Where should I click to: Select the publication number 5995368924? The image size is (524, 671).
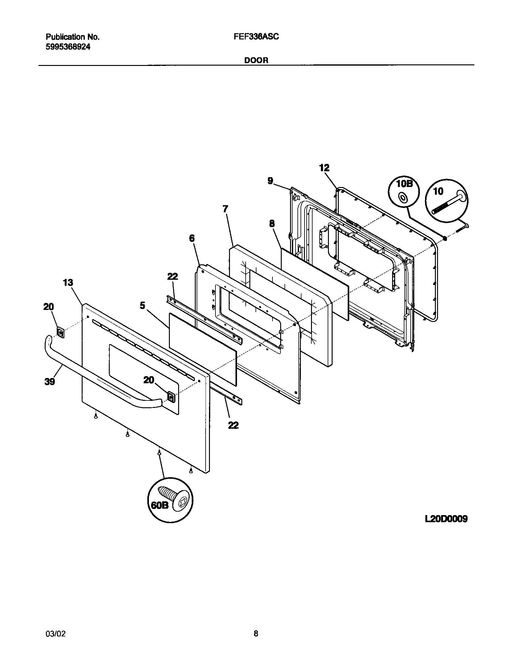(x=68, y=47)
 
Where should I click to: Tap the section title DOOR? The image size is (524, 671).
(x=256, y=60)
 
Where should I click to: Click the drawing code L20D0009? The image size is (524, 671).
(x=446, y=519)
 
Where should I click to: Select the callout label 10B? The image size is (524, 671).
(x=403, y=184)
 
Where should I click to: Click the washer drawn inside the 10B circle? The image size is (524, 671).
(x=403, y=197)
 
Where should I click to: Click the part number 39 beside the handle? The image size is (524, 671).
(x=49, y=382)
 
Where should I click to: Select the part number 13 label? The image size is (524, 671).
(x=68, y=283)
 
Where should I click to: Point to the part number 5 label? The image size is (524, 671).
(x=142, y=306)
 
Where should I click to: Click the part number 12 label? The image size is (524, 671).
(x=324, y=168)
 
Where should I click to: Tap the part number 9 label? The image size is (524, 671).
(x=270, y=181)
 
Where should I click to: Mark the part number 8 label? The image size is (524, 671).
(x=272, y=224)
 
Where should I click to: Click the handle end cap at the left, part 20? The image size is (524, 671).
(x=60, y=333)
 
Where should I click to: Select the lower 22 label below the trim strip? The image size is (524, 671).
(x=233, y=425)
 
